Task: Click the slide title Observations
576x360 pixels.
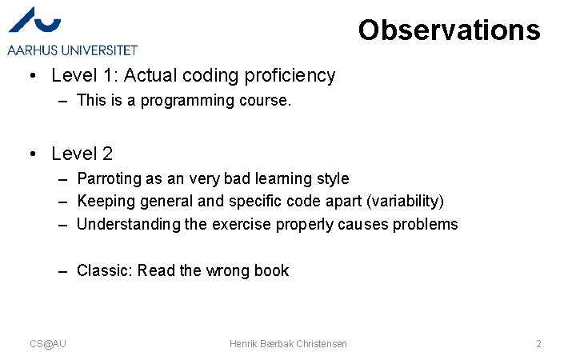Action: click(449, 30)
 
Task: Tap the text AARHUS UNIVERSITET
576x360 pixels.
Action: click(73, 50)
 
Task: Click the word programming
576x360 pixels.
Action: click(178, 101)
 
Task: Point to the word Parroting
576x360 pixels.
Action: click(107, 178)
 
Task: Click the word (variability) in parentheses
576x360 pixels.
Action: click(404, 201)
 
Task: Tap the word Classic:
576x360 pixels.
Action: click(105, 270)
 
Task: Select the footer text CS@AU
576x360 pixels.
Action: click(48, 343)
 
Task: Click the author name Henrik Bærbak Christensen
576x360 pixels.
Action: click(288, 343)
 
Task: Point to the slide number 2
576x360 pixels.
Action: click(538, 343)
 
